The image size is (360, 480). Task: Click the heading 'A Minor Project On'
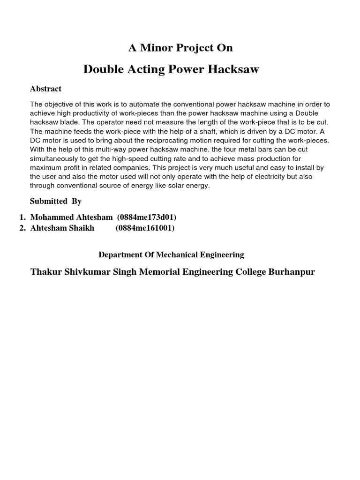coord(180,48)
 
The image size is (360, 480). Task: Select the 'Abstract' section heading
coord(45,89)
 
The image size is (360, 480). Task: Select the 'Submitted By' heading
coord(56,201)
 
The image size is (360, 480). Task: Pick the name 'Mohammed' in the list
coord(49,217)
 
